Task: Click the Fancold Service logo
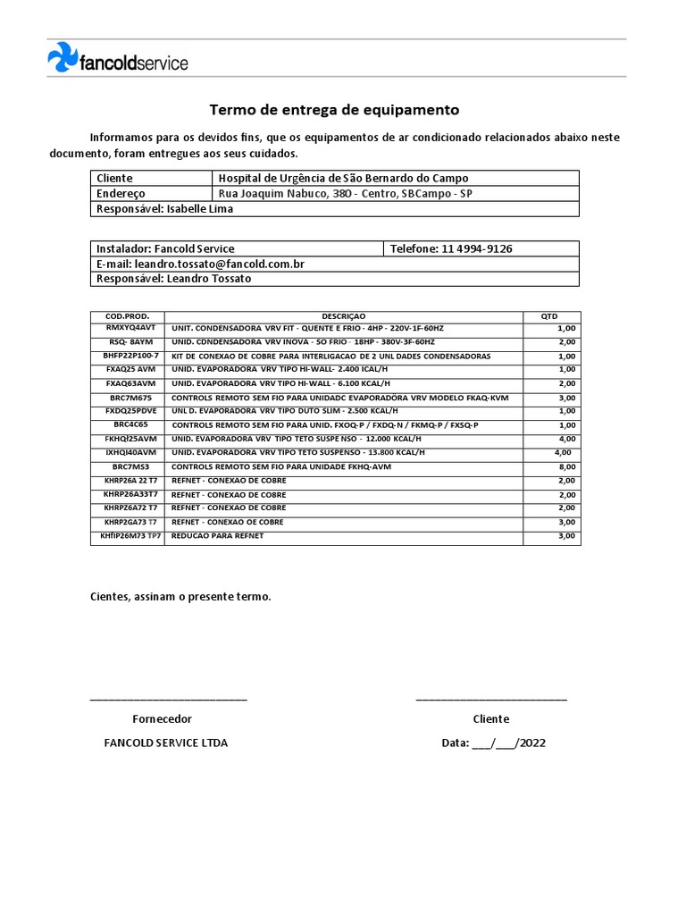117,60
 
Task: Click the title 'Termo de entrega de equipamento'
334,110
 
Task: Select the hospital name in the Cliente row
343,178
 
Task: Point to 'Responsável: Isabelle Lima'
163,208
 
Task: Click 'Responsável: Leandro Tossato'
173,278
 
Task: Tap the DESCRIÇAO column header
344,316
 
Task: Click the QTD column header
550,316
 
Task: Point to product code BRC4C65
130,424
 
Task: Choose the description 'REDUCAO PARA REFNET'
217,536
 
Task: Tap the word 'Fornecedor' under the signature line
162,718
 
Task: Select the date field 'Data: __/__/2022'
493,743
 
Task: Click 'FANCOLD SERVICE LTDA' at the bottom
165,743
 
